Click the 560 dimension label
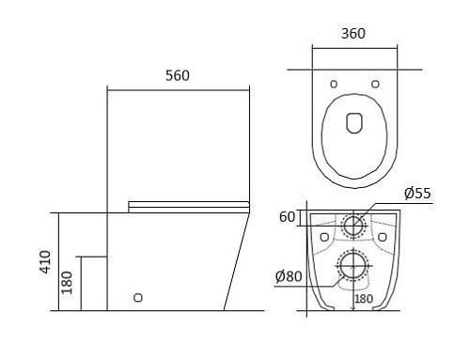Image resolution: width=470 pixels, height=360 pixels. coord(179,75)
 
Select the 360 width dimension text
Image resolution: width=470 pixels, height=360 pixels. coord(352,34)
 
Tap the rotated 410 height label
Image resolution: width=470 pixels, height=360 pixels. coord(45,261)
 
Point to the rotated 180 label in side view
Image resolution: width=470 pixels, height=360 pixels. coord(67,283)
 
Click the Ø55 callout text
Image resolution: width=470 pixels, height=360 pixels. coord(417,194)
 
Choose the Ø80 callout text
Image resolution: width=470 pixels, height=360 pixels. coord(289,276)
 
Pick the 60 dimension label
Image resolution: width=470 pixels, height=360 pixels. coord(288,218)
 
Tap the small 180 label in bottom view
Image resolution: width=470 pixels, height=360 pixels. coord(363,299)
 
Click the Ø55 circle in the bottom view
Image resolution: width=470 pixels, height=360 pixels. coord(353,225)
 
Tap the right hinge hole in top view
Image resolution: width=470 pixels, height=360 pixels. coord(375,84)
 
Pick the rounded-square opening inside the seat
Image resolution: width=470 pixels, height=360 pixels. coord(354,123)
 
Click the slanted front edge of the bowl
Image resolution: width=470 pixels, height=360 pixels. coord(237,263)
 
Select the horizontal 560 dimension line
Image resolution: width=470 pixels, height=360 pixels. coord(179,88)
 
